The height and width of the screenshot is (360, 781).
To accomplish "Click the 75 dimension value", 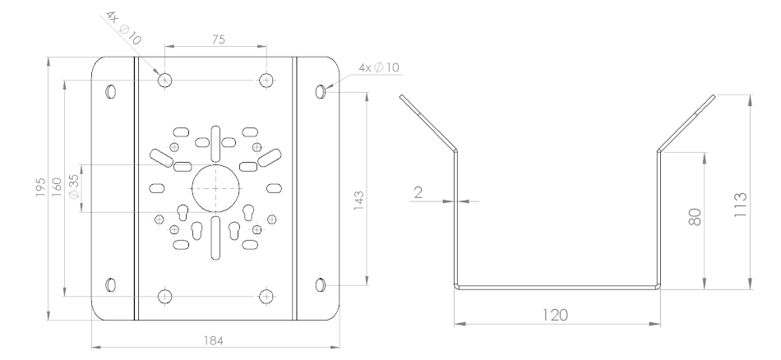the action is click(218, 39).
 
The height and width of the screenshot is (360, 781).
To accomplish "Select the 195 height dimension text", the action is click(41, 187).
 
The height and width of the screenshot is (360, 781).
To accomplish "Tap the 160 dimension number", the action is click(57, 187).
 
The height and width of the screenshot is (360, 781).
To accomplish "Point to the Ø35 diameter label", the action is click(74, 187).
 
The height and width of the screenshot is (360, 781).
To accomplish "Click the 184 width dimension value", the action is click(214, 340).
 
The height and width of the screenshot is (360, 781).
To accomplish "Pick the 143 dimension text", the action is click(358, 201).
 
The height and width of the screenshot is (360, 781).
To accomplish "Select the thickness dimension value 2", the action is click(418, 192).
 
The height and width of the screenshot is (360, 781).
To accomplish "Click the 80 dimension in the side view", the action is click(695, 217).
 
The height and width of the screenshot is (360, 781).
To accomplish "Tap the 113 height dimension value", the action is click(741, 204).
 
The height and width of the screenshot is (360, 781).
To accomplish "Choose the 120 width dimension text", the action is click(555, 315).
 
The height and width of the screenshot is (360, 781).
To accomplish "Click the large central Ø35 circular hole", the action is click(215, 188).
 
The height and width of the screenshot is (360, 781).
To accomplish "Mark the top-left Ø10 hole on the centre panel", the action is click(165, 80).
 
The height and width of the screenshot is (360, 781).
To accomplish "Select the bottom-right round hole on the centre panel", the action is click(266, 296).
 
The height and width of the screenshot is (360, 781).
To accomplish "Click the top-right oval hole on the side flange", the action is click(321, 91).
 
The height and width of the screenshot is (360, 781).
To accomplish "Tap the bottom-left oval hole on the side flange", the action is click(111, 285).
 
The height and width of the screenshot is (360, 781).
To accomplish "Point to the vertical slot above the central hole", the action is click(215, 145).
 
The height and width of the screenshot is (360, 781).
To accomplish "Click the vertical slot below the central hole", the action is click(215, 238).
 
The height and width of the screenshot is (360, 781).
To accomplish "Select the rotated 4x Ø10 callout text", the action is click(123, 27).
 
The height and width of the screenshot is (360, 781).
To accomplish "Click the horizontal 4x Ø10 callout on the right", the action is click(379, 67).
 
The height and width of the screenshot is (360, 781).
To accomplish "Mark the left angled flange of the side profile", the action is click(427, 122).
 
